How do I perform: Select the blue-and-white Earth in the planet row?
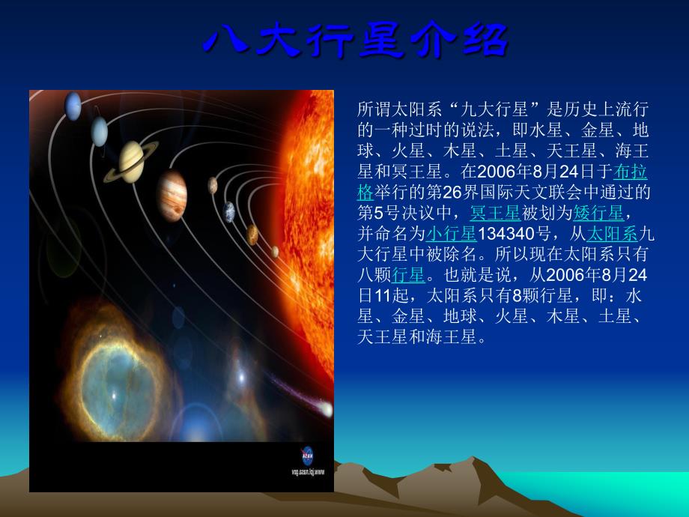[228, 211]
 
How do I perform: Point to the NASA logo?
[307, 455]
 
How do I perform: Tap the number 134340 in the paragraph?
[503, 232]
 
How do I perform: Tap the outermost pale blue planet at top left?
[73, 105]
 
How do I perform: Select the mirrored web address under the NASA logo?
[307, 472]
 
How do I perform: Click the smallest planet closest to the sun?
[275, 251]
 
